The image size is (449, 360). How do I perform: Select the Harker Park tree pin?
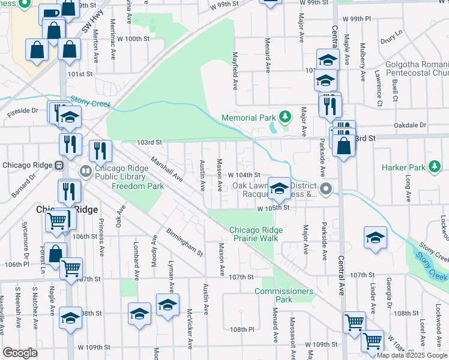[x=433, y=166]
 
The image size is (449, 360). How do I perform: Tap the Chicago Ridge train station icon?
[x=59, y=166]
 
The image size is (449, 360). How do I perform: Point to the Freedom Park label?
[x=138, y=186]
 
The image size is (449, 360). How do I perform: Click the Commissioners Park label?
[x=284, y=295]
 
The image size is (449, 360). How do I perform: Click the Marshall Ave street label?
[x=167, y=169]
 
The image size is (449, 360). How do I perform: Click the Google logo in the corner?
[x=20, y=353]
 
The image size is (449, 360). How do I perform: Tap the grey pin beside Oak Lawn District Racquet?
[x=326, y=190]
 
